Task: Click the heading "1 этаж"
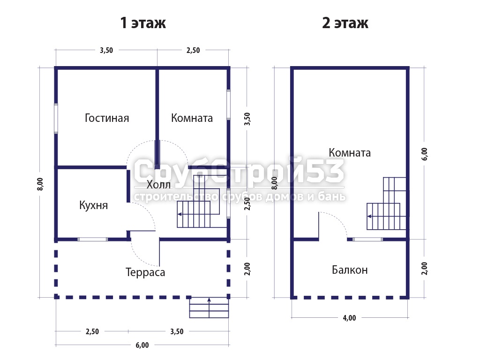143,23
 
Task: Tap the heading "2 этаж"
345,23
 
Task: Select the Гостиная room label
107,118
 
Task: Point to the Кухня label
93,205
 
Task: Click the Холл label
158,184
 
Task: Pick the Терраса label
145,272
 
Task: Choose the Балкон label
350,270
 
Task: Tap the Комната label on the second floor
350,152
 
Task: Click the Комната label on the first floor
192,118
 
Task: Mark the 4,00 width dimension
349,318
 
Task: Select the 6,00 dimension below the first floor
142,345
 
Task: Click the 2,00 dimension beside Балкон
424,269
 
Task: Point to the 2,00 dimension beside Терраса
247,269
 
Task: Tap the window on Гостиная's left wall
56,119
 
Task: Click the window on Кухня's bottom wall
92,239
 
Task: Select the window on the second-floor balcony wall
367,239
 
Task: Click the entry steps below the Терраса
209,307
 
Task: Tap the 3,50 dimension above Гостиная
106,50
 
